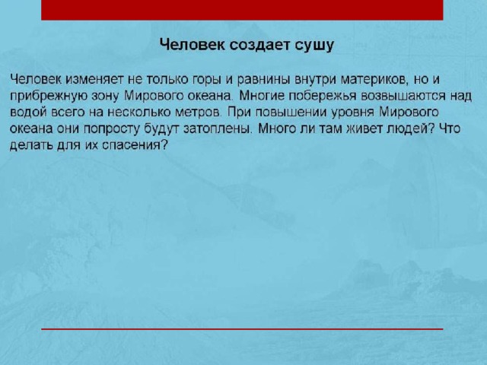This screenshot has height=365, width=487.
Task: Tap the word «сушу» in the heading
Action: [x=314, y=46]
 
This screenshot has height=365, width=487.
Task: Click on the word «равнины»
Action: [x=263, y=80]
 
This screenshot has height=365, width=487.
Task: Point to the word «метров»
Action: [x=198, y=113]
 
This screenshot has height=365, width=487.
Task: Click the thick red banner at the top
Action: [x=242, y=10]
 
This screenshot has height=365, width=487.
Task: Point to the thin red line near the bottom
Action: [x=242, y=328]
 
